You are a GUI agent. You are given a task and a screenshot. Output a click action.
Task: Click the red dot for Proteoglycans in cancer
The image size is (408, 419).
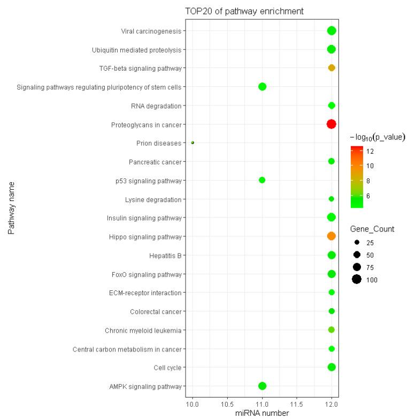click(x=331, y=124)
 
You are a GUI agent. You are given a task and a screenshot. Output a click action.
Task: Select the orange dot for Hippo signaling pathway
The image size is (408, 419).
click(x=331, y=236)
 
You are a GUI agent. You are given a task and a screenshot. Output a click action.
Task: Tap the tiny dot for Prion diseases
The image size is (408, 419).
click(x=193, y=143)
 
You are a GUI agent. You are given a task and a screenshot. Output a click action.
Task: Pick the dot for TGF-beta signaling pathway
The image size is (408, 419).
click(x=332, y=68)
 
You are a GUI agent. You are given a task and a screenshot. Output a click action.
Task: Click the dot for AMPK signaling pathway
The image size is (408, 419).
click(x=262, y=386)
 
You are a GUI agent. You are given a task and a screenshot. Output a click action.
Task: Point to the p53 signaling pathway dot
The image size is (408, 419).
click(x=262, y=180)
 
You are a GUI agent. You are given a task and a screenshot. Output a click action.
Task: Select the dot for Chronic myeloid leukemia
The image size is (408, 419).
click(x=332, y=330)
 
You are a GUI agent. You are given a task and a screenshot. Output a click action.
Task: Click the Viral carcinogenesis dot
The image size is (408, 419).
click(x=332, y=31)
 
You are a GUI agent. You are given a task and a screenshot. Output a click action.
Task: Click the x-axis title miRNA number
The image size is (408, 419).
click(x=261, y=413)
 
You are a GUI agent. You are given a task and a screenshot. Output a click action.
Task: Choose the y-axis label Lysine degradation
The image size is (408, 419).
click(x=153, y=199)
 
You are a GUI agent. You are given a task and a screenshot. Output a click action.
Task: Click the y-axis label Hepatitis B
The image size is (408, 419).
click(x=165, y=256)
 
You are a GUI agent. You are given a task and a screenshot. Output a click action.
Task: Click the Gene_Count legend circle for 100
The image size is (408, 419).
click(x=357, y=279)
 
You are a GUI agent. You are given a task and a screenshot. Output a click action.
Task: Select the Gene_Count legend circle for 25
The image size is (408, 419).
click(x=357, y=241)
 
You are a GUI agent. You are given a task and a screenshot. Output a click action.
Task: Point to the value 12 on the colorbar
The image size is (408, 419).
click(x=370, y=152)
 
